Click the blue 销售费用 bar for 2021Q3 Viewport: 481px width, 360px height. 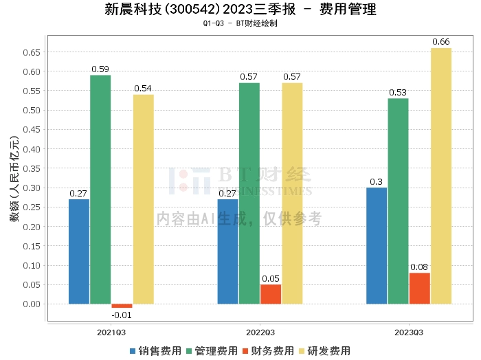click(x=79, y=251)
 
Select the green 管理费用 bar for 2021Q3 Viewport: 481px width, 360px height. click(x=100, y=189)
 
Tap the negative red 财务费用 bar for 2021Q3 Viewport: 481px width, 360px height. click(x=122, y=306)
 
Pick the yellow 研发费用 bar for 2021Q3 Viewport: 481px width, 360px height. click(x=144, y=199)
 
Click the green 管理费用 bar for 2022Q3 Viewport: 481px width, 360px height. click(x=249, y=193)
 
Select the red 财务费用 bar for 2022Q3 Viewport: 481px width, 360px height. click(x=271, y=294)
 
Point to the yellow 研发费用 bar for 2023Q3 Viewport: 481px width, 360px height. click(x=441, y=176)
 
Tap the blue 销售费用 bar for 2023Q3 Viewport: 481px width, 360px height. click(x=377, y=245)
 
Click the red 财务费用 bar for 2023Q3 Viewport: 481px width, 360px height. click(x=419, y=288)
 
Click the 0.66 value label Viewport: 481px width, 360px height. click(x=441, y=42)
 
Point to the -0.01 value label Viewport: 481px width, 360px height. click(x=122, y=315)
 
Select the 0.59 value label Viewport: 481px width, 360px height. click(x=100, y=69)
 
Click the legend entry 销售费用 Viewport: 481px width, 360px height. click(x=155, y=350)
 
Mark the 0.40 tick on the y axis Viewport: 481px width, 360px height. click(x=32, y=149)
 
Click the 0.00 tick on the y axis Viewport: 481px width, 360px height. click(x=32, y=304)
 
